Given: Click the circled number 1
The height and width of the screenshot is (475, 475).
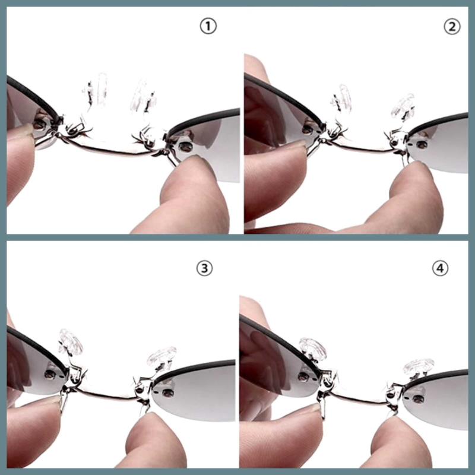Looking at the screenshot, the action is pyautogui.click(x=208, y=26).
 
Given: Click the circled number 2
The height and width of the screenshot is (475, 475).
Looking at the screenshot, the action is pyautogui.click(x=452, y=26).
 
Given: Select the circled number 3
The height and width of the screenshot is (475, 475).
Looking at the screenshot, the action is pyautogui.click(x=204, y=268).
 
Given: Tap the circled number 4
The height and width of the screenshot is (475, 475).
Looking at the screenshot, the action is pyautogui.click(x=440, y=268).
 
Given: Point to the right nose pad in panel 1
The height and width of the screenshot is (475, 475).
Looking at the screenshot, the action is pyautogui.click(x=142, y=96).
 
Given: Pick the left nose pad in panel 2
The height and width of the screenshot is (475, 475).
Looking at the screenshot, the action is pyautogui.click(x=342, y=98).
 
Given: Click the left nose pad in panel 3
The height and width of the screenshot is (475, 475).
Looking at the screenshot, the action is pyautogui.click(x=70, y=342).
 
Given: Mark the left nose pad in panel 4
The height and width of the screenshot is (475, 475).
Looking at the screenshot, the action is pyautogui.click(x=313, y=348).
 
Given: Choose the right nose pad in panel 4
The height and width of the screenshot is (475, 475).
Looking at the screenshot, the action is pyautogui.click(x=419, y=367).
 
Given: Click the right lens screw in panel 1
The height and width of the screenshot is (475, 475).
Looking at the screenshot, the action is pyautogui.click(x=185, y=147).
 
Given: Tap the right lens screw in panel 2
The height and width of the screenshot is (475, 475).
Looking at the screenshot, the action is pyautogui.click(x=422, y=145).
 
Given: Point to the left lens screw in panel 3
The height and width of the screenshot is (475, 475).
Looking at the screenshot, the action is pyautogui.click(x=50, y=375).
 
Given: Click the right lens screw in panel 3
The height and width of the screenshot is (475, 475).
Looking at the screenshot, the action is pyautogui.click(x=167, y=393).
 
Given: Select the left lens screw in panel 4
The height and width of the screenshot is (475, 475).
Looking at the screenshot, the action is pyautogui.click(x=303, y=377).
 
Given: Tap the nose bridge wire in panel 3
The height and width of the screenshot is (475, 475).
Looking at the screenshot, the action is pyautogui.click(x=106, y=395).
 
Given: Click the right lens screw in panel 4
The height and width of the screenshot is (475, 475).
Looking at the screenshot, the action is pyautogui.click(x=419, y=399).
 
